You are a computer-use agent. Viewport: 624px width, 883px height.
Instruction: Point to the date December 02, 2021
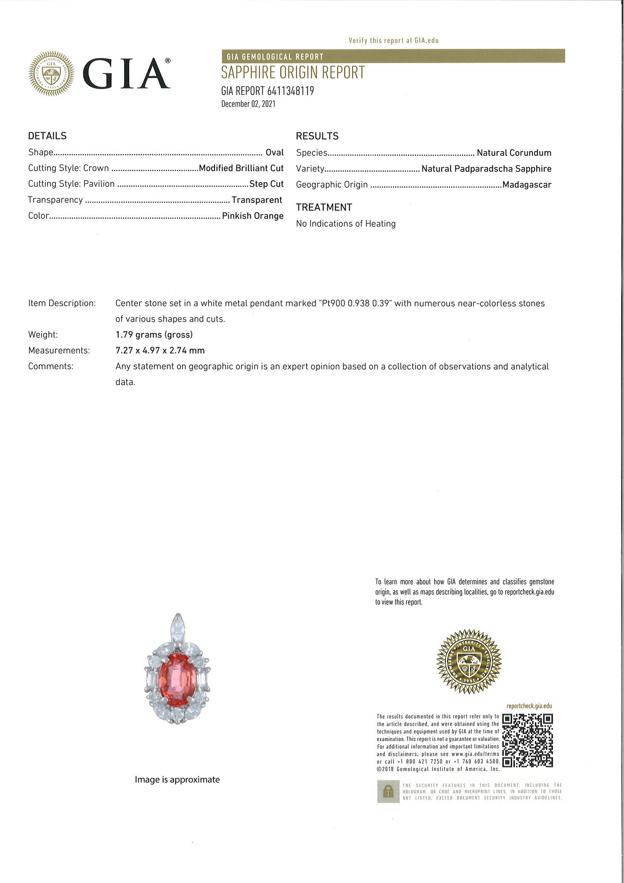(x=248, y=104)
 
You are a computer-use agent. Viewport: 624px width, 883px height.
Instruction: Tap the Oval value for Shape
(x=274, y=152)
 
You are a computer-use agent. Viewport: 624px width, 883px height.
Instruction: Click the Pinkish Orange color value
(x=252, y=216)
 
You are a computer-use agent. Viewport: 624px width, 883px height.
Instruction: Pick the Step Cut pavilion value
(x=266, y=184)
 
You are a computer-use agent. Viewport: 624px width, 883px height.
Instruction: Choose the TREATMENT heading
(x=324, y=207)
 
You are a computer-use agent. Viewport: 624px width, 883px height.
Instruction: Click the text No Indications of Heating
(x=346, y=223)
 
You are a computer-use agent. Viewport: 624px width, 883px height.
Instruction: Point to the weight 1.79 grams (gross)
(x=154, y=335)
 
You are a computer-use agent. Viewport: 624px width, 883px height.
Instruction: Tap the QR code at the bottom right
(x=528, y=740)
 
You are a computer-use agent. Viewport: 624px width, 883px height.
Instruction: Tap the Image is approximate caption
(x=177, y=779)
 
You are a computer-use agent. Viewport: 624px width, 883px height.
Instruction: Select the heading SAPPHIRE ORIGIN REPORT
(x=293, y=73)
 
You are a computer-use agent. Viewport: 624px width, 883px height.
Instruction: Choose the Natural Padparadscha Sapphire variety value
(x=486, y=168)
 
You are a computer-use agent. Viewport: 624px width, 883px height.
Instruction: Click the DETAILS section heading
(x=47, y=136)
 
